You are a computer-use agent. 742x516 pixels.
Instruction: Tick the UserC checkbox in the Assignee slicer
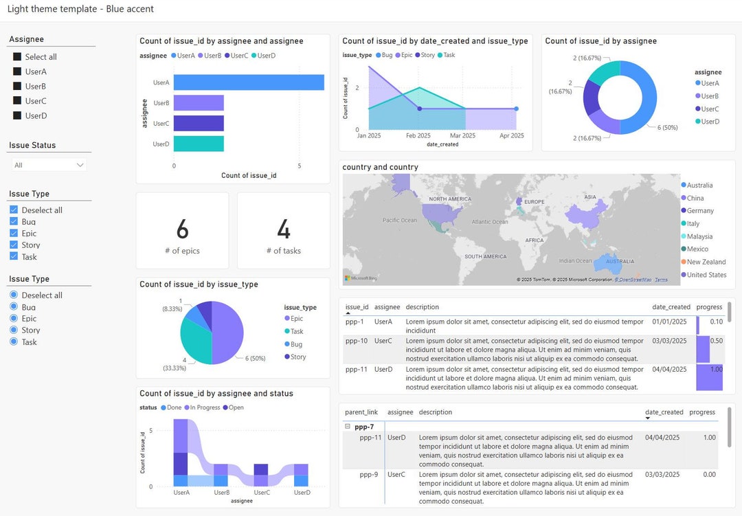tap(17, 101)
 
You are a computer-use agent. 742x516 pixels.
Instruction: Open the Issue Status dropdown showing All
tap(49, 165)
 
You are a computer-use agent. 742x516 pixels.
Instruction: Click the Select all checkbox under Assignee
tap(17, 57)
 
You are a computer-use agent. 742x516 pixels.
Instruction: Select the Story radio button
tap(14, 330)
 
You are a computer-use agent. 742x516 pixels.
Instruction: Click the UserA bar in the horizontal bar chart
tap(248, 82)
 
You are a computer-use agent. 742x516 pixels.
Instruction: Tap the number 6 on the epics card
tap(182, 229)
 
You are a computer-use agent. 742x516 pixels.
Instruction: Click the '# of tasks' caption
tap(283, 251)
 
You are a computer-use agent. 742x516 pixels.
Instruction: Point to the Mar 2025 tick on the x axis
tap(462, 136)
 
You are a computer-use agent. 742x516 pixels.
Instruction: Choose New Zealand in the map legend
tap(706, 262)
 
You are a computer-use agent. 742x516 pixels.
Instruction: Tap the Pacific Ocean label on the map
tap(399, 221)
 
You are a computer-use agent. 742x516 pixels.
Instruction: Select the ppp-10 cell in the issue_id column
tap(356, 341)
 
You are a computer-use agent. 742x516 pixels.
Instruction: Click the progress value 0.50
tap(716, 341)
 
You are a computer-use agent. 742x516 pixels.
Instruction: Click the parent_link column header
tap(361, 412)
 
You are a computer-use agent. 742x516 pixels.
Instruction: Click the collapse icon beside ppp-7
tap(348, 427)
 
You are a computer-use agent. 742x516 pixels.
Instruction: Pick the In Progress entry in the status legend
tap(203, 407)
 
